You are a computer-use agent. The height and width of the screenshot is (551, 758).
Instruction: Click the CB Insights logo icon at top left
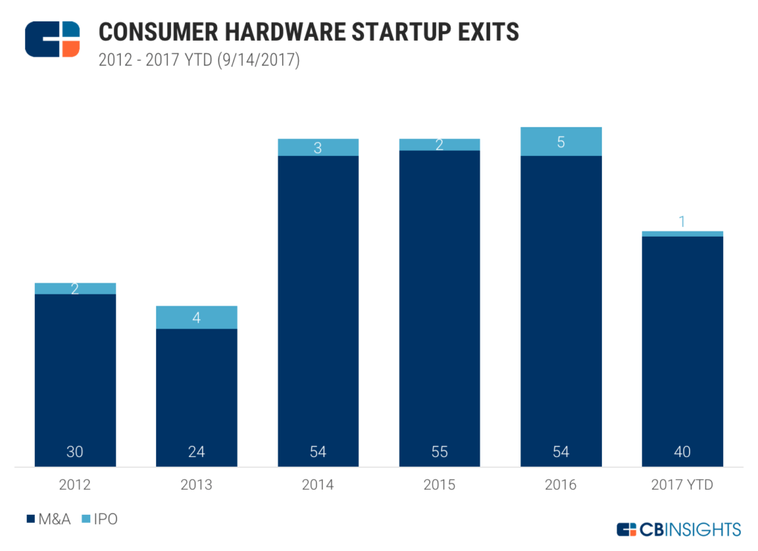pos(52,39)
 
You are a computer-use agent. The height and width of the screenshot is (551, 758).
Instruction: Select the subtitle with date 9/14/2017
pos(198,61)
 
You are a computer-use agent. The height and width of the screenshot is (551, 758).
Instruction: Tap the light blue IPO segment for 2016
pos(561,142)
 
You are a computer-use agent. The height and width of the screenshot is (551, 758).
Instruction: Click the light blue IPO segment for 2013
pos(196,317)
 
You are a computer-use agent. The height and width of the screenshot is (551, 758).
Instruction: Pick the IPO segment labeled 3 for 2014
pos(318,147)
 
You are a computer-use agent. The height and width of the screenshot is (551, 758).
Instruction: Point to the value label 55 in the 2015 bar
pos(440,452)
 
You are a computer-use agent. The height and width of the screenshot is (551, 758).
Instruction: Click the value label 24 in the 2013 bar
pos(196,452)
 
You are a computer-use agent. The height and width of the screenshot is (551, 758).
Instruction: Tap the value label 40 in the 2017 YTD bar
pos(682,452)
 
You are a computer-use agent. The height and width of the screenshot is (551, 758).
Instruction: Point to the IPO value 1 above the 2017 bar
pos(682,221)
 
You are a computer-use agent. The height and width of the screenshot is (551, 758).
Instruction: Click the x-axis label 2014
pos(318,485)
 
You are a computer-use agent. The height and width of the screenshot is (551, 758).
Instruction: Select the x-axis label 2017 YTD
pos(682,485)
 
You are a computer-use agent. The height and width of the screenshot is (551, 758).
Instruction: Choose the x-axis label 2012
pos(75,485)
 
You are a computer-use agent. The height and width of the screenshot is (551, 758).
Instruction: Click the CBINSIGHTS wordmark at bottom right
pos(678,529)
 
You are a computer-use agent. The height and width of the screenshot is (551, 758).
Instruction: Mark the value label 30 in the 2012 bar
pos(75,452)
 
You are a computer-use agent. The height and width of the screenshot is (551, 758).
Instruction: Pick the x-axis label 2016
pos(561,485)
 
